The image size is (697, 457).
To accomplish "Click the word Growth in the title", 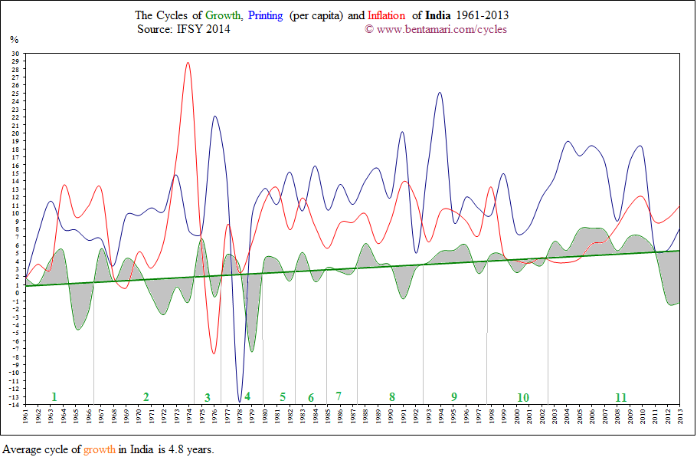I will click(223, 15).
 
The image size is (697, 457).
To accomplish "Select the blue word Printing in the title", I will click(266, 15).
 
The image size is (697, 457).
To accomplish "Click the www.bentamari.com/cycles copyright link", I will click(441, 29).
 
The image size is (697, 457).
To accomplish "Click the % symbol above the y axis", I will click(14, 39).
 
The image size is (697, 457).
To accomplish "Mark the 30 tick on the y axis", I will click(15, 54).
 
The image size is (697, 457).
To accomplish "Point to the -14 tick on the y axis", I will click(14, 404).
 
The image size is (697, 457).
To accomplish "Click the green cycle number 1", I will click(54, 396).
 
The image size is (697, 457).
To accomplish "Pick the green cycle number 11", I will click(621, 397).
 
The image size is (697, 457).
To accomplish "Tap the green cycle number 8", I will click(391, 396).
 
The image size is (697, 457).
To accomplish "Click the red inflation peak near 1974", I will click(188, 63).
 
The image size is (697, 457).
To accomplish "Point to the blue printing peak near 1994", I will click(439, 93).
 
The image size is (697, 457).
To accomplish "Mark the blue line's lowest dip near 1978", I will click(240, 401).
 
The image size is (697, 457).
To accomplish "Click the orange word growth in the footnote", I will click(100, 449).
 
